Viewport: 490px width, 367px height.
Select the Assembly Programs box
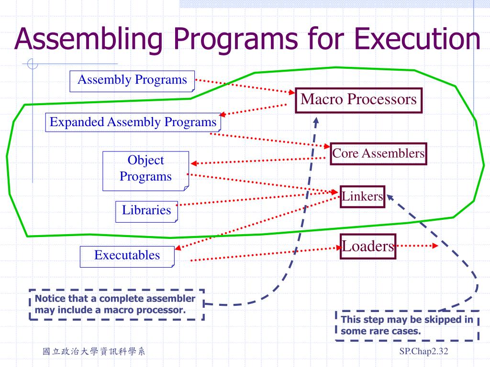[x=132, y=80]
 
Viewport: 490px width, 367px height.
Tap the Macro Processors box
[x=358, y=100]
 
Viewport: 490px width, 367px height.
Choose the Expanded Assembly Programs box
[x=134, y=122]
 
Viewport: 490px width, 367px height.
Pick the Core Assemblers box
[x=379, y=153]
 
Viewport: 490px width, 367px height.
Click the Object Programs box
[x=145, y=169]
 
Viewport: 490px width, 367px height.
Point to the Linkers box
[x=362, y=196]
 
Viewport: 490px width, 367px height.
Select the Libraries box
[x=146, y=210]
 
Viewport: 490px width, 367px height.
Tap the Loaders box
[x=368, y=247]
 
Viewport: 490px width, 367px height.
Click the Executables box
[x=127, y=255]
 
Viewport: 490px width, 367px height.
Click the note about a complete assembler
[x=116, y=304]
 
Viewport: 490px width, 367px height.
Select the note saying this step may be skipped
[x=407, y=325]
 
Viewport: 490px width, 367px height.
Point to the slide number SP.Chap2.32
[x=423, y=352]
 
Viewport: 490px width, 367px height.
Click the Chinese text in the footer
[x=94, y=352]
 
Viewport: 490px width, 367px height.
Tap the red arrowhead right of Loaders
[x=435, y=246]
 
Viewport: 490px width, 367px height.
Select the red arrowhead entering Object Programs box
[x=193, y=163]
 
